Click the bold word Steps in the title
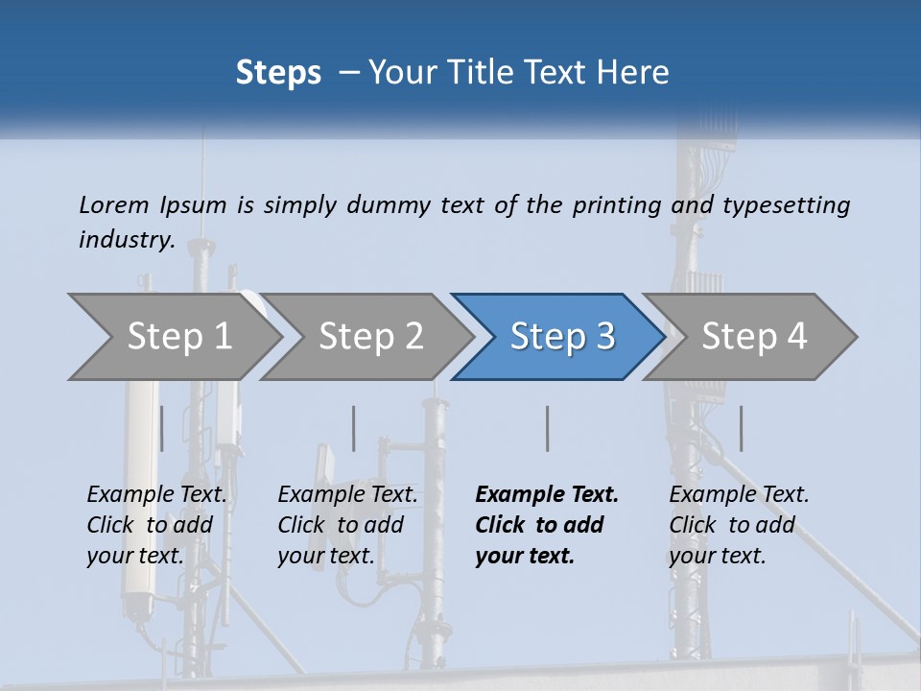click(278, 73)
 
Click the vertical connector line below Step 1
click(161, 428)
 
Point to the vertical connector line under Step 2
click(354, 428)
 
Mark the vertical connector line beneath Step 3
click(548, 428)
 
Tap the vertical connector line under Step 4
click(741, 428)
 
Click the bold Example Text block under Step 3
click(546, 525)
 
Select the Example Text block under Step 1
click(156, 525)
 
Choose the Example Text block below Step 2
click(347, 525)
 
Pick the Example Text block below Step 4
click(739, 525)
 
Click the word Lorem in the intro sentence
click(114, 204)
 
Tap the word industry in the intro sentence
click(126, 240)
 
